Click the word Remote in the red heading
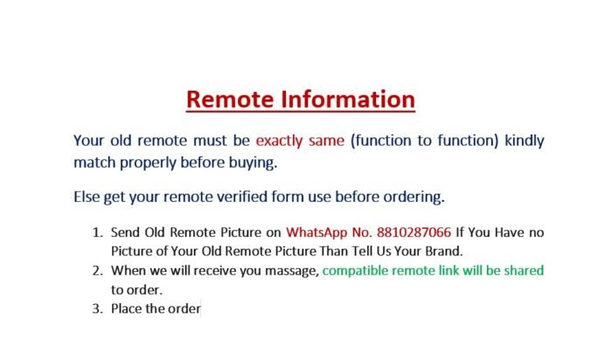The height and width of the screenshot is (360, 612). (x=230, y=99)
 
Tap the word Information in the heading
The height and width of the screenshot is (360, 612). (x=348, y=99)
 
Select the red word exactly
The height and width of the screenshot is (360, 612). (x=279, y=141)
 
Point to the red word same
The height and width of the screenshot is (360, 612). (x=327, y=141)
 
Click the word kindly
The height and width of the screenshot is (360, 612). (x=525, y=141)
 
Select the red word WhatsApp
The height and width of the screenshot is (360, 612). (x=316, y=232)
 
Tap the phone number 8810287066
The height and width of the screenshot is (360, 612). (x=414, y=232)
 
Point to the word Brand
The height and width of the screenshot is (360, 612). (x=444, y=251)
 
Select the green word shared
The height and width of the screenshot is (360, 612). (x=524, y=270)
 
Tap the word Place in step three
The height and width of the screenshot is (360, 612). (x=126, y=309)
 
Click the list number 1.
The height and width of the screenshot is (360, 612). (x=98, y=232)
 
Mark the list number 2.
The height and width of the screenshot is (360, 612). (x=98, y=271)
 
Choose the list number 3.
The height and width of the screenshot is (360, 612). (x=98, y=309)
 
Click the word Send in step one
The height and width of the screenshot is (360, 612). (x=125, y=232)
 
